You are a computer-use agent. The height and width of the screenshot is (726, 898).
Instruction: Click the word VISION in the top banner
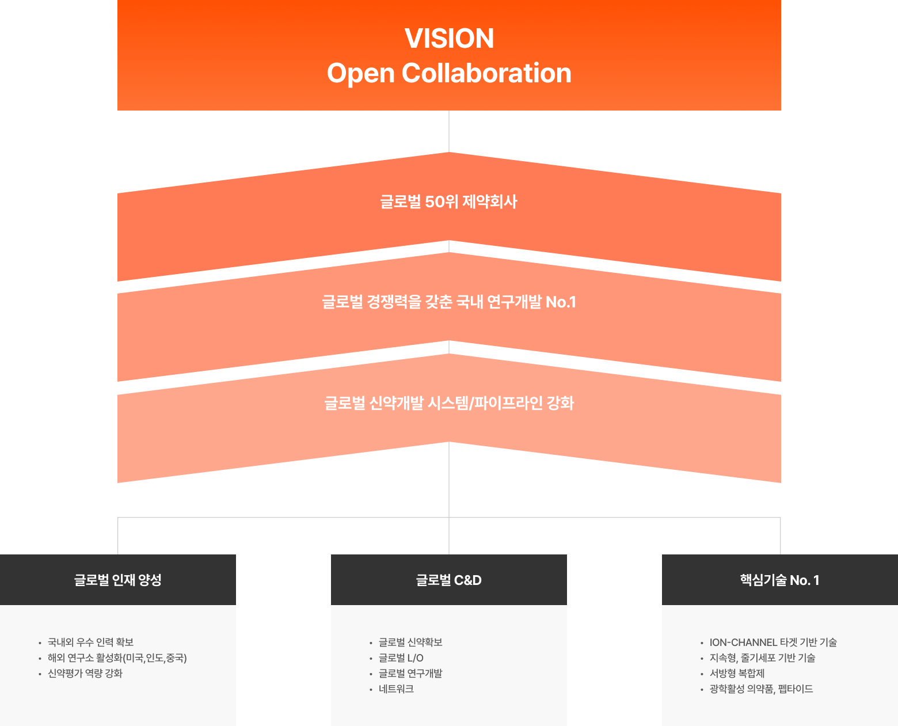[449, 39]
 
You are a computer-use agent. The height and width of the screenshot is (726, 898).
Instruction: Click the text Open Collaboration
[449, 73]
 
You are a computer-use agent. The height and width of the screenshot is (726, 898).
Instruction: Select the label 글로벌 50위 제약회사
[448, 202]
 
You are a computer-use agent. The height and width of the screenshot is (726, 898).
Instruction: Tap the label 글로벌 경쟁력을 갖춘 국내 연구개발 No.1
[449, 302]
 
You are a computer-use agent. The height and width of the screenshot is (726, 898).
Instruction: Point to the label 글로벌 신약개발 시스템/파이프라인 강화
[449, 403]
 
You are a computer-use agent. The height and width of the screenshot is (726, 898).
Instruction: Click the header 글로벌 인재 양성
[118, 580]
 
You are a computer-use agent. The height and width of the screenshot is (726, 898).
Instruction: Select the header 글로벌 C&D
[449, 580]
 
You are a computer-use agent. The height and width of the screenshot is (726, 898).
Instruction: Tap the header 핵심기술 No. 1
[779, 580]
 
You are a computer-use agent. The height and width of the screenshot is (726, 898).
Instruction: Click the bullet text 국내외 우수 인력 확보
[90, 642]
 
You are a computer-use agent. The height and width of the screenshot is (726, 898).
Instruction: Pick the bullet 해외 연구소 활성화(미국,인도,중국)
[117, 657]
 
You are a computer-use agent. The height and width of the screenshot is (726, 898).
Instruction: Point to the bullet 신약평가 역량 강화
[85, 673]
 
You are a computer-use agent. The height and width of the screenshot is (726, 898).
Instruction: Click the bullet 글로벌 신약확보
[410, 642]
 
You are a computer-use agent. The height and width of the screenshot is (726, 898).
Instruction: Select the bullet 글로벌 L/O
[401, 657]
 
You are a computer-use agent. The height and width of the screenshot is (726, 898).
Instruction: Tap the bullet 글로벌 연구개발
[410, 673]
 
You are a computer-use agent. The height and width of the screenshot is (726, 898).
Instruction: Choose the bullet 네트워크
[396, 689]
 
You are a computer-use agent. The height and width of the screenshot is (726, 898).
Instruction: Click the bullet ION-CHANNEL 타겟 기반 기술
[773, 642]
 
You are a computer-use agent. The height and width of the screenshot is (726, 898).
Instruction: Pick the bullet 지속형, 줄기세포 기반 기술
[762, 657]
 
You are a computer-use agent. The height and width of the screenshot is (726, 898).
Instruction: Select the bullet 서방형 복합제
[737, 673]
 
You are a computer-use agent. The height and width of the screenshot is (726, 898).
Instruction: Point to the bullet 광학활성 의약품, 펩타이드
[761, 689]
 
